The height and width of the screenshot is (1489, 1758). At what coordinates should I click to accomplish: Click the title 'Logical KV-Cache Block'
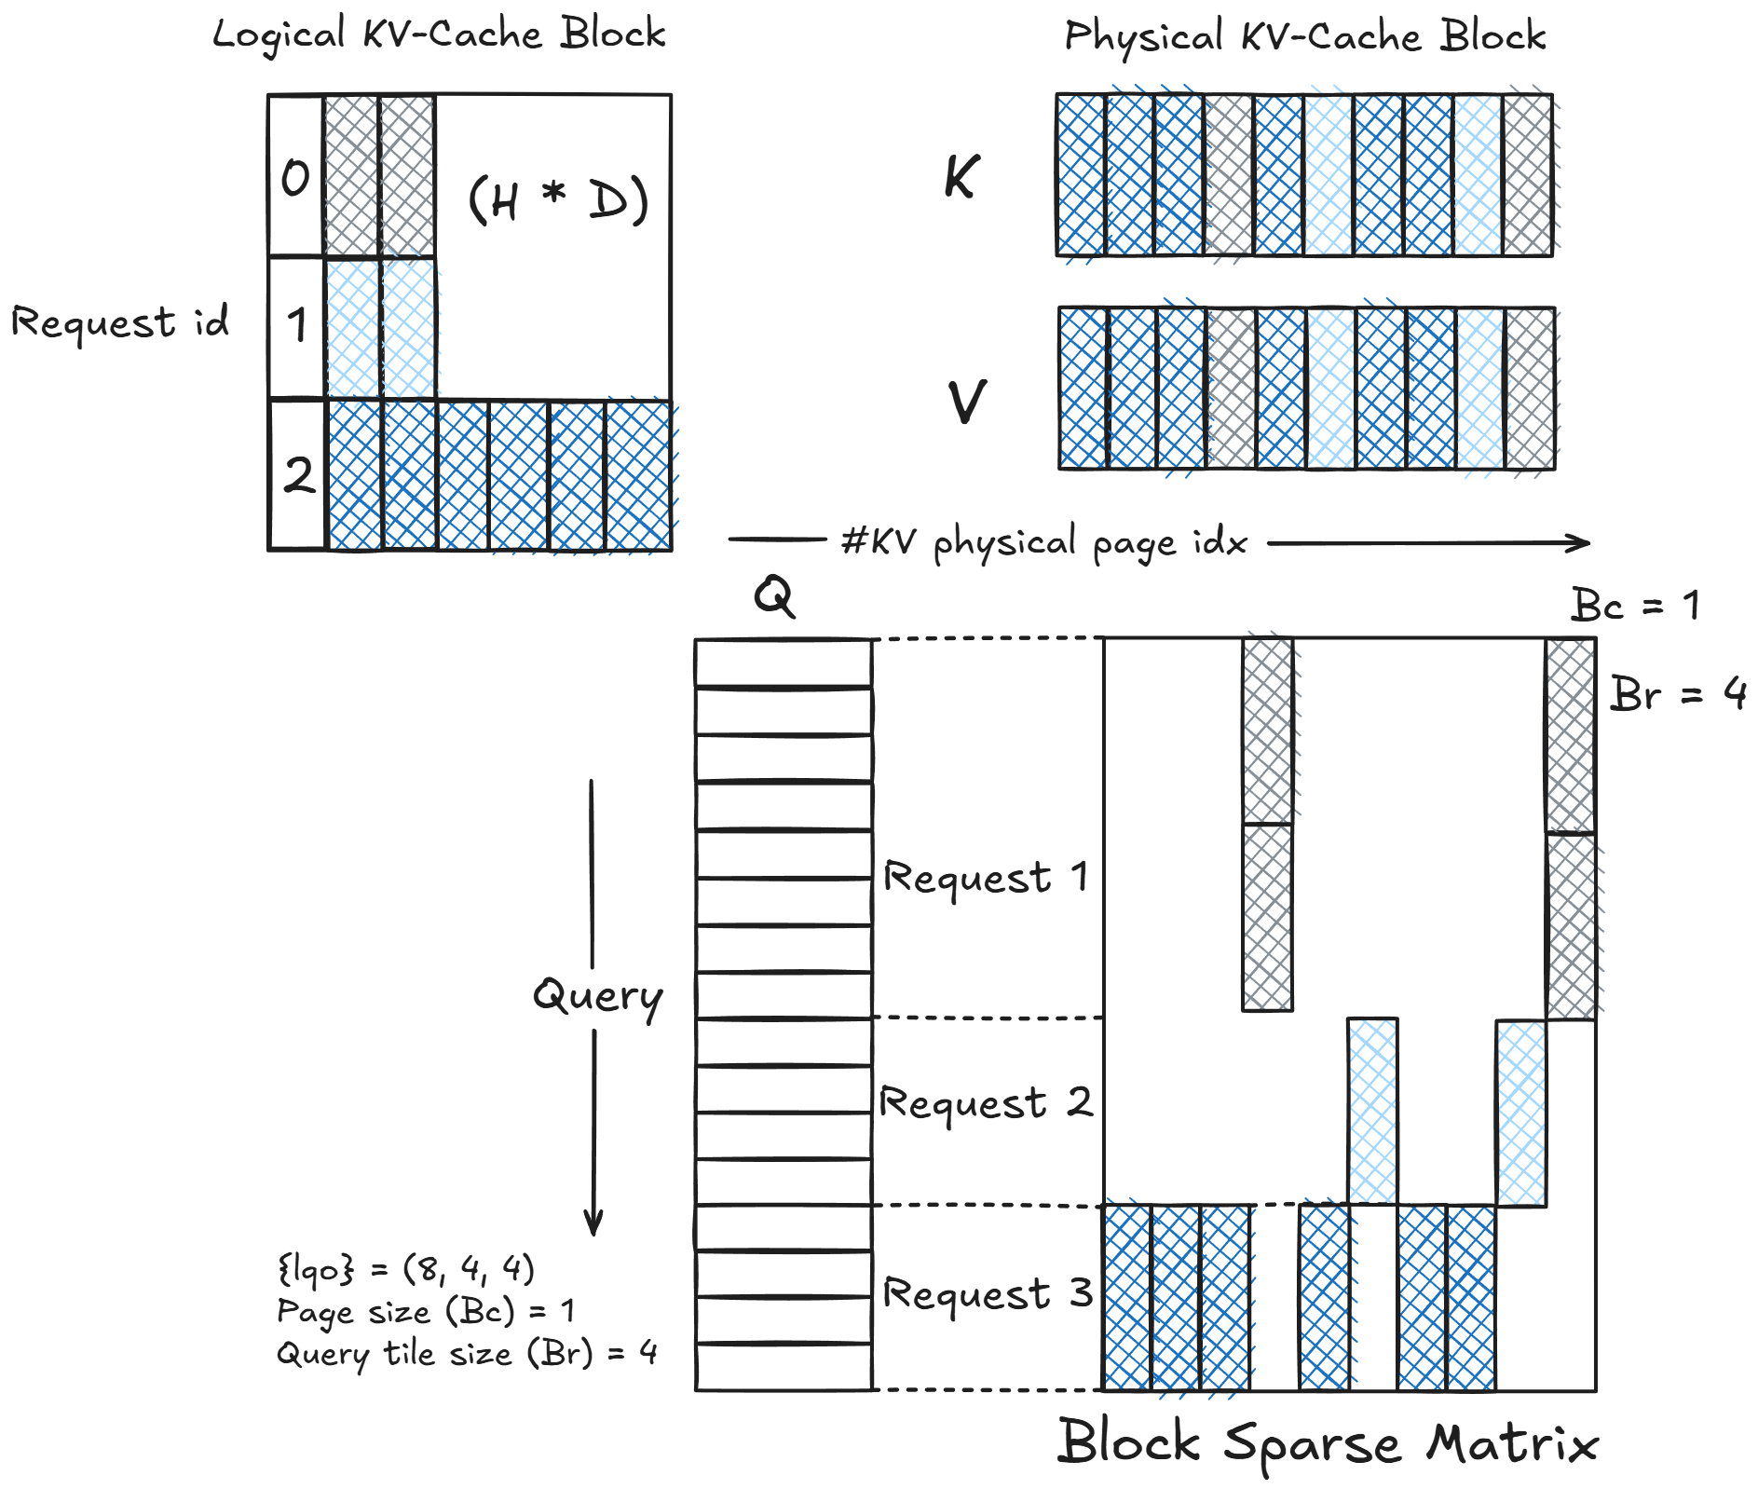click(439, 34)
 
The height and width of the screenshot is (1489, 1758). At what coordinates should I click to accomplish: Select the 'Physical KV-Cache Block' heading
click(1304, 37)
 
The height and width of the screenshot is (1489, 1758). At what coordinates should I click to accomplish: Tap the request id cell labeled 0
click(295, 176)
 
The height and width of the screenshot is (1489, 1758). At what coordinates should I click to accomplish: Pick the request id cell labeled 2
click(297, 474)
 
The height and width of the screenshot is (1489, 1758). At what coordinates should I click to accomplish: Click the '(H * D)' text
click(557, 198)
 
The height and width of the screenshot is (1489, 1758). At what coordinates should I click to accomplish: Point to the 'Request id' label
click(119, 322)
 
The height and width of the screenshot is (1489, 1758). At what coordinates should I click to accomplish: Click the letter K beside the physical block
click(961, 176)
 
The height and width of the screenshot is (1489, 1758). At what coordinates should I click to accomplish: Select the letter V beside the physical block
click(967, 402)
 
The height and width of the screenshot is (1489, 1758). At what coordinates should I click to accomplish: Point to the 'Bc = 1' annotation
click(1635, 606)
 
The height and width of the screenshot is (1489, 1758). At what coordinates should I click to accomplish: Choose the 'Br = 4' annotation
click(1678, 694)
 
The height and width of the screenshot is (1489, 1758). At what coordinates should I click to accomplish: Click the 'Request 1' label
click(985, 877)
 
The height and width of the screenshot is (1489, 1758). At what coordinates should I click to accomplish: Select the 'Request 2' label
click(986, 1102)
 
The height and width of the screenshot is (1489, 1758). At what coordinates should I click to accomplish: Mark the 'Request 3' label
click(987, 1293)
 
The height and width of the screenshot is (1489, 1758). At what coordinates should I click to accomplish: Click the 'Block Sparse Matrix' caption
click(1327, 1443)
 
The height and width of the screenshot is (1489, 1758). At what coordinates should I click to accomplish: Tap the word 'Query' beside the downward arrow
click(597, 997)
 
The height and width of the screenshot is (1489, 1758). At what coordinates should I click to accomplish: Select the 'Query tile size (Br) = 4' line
click(467, 1353)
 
